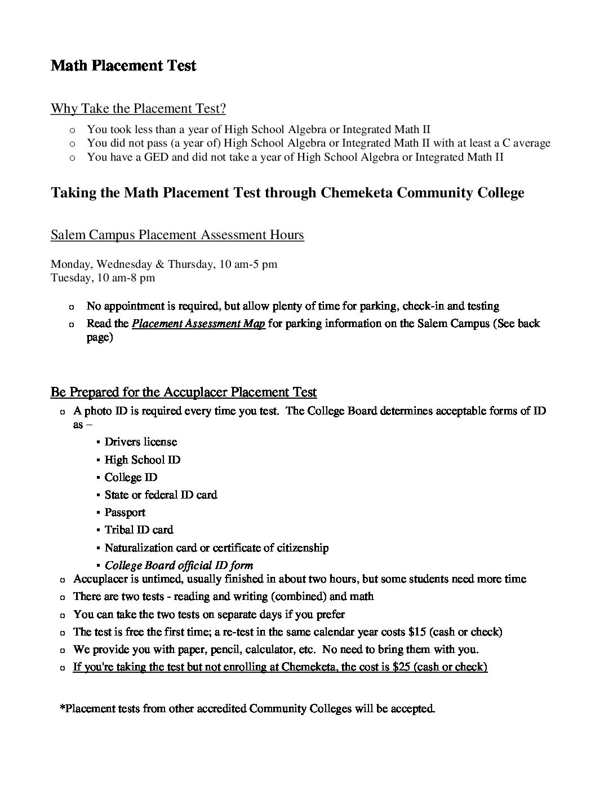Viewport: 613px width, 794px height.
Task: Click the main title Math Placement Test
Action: pyautogui.click(x=123, y=66)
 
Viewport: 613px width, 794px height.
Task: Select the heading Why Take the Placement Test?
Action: pyautogui.click(x=138, y=108)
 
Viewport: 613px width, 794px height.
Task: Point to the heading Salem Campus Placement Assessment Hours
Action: pyautogui.click(x=177, y=235)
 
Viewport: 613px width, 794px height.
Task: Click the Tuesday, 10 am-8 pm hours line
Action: pyautogui.click(x=103, y=277)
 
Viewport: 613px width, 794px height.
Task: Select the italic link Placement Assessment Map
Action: pyautogui.click(x=198, y=324)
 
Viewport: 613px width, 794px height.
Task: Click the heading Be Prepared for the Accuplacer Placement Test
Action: pyautogui.click(x=183, y=392)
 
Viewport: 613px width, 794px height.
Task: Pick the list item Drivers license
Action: pyautogui.click(x=141, y=442)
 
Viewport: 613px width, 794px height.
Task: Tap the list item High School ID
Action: pyautogui.click(x=143, y=460)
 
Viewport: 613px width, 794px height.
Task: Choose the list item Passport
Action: pyautogui.click(x=125, y=512)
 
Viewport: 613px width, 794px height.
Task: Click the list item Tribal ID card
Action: pyautogui.click(x=139, y=530)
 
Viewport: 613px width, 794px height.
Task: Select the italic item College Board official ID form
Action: pyautogui.click(x=179, y=565)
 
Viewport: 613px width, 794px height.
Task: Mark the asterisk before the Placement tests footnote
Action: pyautogui.click(x=62, y=707)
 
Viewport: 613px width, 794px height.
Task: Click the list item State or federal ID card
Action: pyautogui.click(x=161, y=495)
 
